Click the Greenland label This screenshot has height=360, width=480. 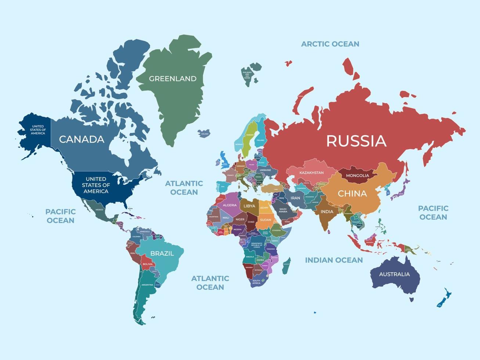[x=173, y=79]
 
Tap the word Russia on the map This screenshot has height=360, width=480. [x=356, y=141]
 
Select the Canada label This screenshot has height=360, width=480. [x=82, y=139]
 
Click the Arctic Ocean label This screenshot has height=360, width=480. [x=330, y=44]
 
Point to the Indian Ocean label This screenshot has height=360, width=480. [x=334, y=260]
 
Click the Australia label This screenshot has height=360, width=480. [x=394, y=274]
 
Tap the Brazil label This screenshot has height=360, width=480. [x=162, y=253]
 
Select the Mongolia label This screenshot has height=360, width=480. [x=357, y=176]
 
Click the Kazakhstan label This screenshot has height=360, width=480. [x=311, y=173]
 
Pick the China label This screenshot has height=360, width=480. [x=352, y=194]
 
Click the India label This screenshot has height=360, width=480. [x=327, y=212]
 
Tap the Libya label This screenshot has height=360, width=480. [x=249, y=206]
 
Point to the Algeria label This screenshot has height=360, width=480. [x=230, y=205]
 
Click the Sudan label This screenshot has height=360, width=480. [x=265, y=220]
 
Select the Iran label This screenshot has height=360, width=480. [x=295, y=198]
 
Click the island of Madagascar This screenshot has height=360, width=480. [x=286, y=266]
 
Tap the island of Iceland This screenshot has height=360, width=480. [x=204, y=133]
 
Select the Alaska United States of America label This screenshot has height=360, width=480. [x=38, y=130]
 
